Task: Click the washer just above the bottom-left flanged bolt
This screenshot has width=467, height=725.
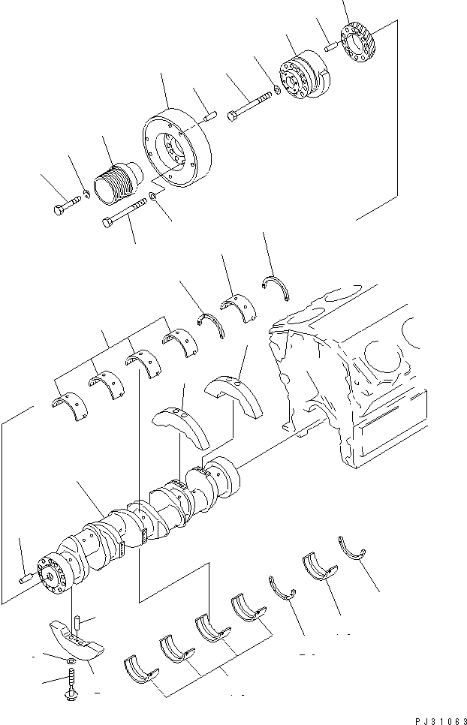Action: click(69, 660)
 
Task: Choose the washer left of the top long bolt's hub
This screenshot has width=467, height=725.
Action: click(278, 91)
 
